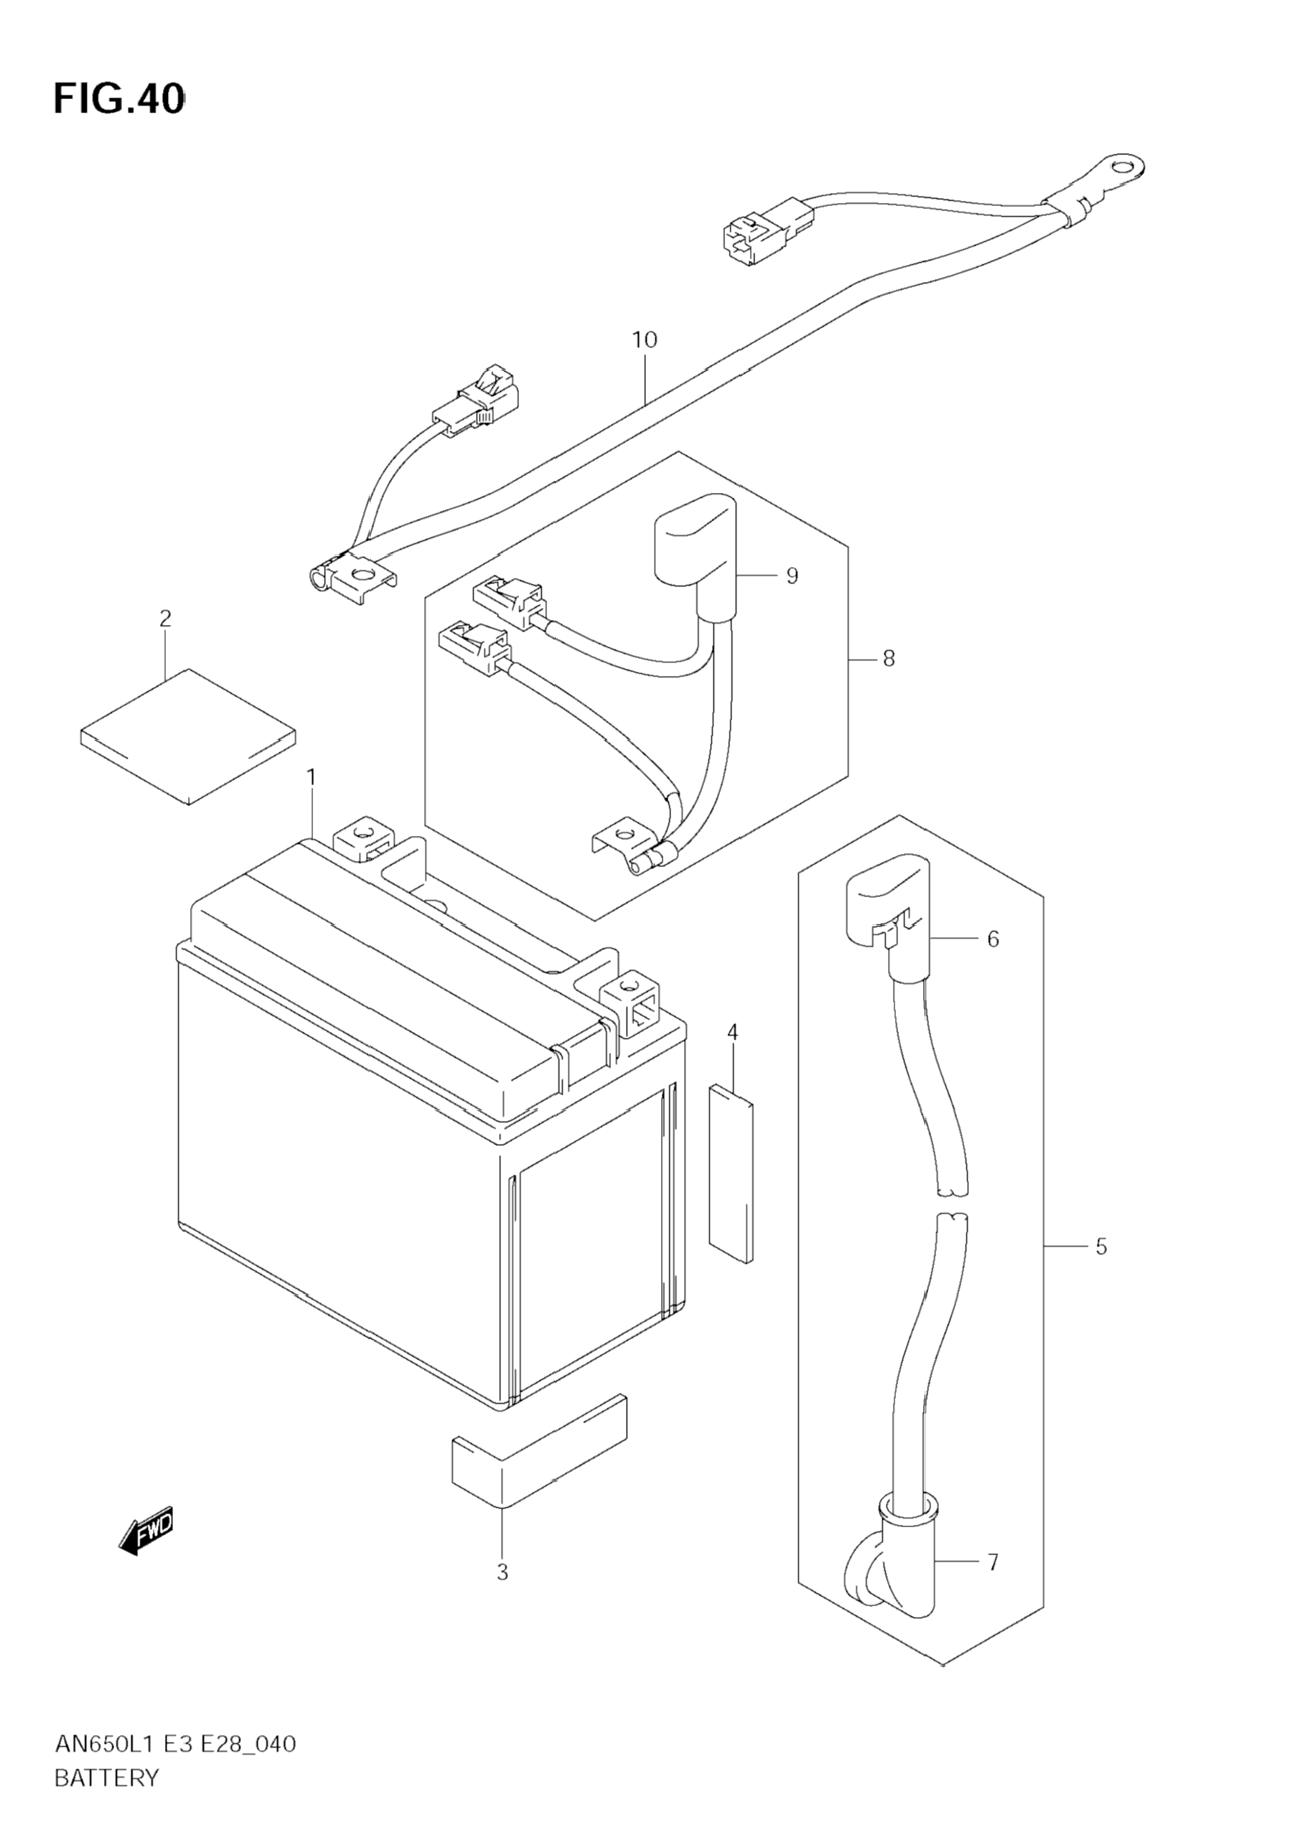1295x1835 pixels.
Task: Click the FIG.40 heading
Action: point(118,100)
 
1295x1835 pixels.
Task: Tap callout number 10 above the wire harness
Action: point(645,340)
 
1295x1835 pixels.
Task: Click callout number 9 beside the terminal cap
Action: point(791,576)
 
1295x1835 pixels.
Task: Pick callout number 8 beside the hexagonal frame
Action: point(889,660)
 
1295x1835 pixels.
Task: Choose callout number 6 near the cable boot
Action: point(993,939)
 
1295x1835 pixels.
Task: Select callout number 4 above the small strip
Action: point(732,1033)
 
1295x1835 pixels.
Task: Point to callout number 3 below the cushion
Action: point(502,1572)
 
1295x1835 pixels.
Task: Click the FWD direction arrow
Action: point(146,1531)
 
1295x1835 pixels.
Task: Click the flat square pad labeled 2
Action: point(188,736)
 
